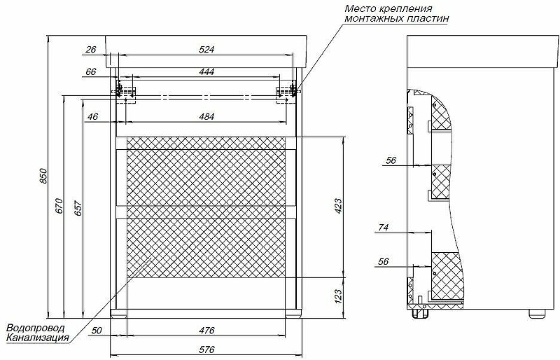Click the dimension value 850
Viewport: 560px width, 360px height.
coord(43,176)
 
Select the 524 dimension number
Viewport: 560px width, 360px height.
coord(206,49)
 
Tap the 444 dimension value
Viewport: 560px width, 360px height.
coord(206,71)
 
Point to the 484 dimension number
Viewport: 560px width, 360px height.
coord(206,116)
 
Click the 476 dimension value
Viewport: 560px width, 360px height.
coord(206,331)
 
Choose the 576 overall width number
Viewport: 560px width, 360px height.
coord(206,349)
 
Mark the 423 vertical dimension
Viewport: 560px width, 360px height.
coord(338,206)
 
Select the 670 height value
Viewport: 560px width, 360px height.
coord(59,206)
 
